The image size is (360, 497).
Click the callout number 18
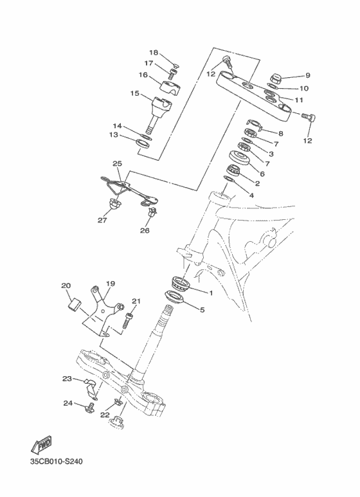click(x=154, y=52)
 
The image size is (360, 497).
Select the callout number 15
click(x=135, y=93)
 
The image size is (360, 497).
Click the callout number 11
click(x=299, y=100)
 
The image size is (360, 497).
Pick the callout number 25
click(x=116, y=163)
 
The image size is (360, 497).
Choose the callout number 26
click(x=145, y=230)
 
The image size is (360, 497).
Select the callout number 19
click(x=110, y=284)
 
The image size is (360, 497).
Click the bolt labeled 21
click(x=128, y=320)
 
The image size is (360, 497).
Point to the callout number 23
click(x=67, y=379)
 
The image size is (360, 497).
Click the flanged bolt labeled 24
click(x=89, y=406)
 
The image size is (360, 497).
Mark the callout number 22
click(x=105, y=415)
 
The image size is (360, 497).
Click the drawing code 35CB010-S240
click(x=56, y=461)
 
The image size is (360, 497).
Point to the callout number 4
click(x=251, y=195)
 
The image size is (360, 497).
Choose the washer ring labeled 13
click(x=145, y=141)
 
